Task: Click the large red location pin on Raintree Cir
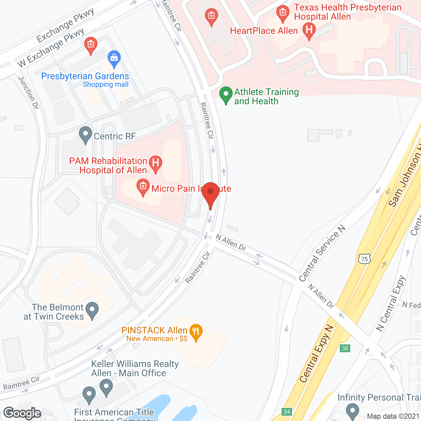(210, 192)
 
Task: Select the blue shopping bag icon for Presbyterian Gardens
(114, 59)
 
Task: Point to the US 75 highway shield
(364, 259)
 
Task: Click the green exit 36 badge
(345, 348)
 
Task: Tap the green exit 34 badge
(287, 412)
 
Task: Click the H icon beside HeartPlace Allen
(309, 31)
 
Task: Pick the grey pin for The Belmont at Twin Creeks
(92, 310)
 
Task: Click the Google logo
(22, 413)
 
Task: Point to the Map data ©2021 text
(393, 416)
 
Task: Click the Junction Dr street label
(29, 93)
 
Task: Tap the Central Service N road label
(322, 254)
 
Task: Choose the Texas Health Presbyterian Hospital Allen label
(347, 12)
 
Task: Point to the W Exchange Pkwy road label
(51, 48)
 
